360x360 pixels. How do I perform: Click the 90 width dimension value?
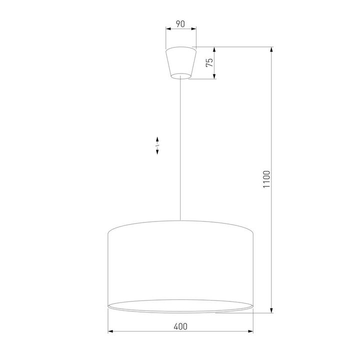tap(180, 23)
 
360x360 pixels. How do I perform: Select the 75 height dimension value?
tap(209, 62)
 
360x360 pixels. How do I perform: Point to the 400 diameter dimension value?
tap(180, 326)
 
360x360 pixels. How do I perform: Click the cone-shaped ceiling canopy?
tap(180, 62)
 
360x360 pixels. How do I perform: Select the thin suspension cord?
tap(180, 150)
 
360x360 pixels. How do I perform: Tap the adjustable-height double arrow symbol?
tap(157, 145)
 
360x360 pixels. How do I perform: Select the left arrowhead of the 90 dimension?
tap(168, 29)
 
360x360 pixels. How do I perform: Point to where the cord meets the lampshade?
tap(180, 220)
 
